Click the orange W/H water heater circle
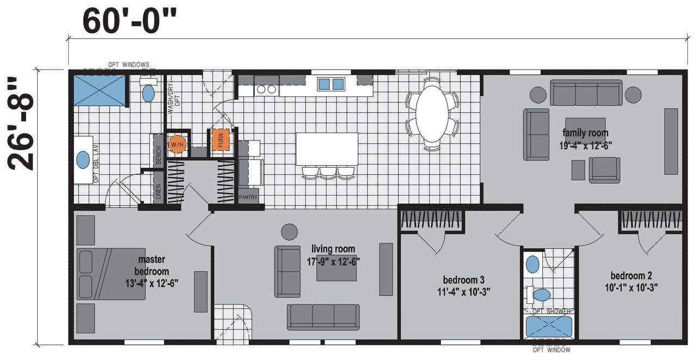(177, 144)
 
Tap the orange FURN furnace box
(221, 140)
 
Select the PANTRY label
(248, 197)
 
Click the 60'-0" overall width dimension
(129, 21)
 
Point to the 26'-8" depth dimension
(20, 124)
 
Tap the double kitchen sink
(331, 84)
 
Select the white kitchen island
(327, 149)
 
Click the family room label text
(585, 133)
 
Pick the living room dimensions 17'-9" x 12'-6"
(333, 261)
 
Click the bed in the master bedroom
(111, 274)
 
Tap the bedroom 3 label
(463, 280)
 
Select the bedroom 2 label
(631, 276)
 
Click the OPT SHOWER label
(552, 311)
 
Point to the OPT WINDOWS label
(129, 64)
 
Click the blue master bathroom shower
(99, 90)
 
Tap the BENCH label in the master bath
(158, 155)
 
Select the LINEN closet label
(158, 191)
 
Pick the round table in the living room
(289, 232)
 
